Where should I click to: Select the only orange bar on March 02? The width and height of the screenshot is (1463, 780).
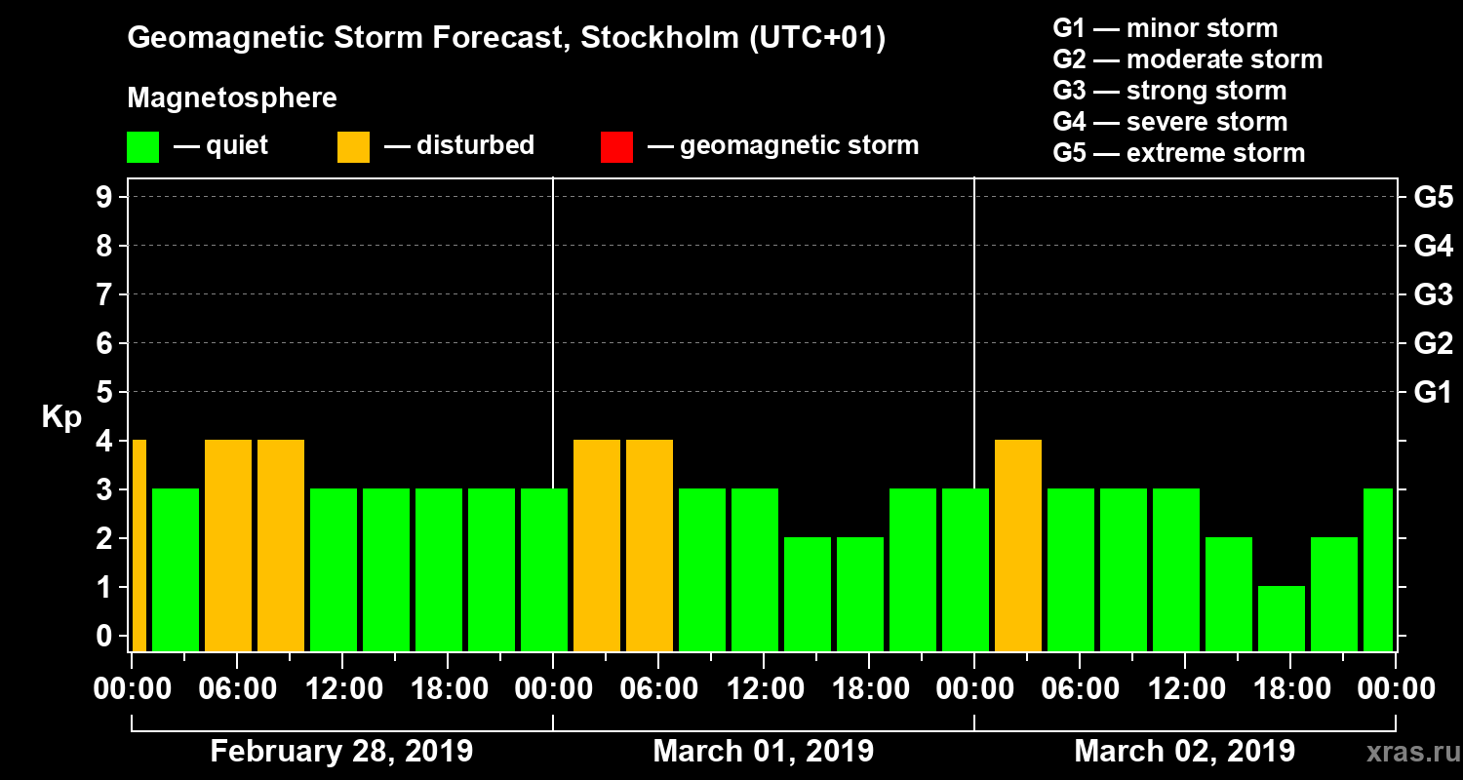[1018, 545]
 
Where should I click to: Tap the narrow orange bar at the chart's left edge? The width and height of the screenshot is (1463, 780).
[138, 545]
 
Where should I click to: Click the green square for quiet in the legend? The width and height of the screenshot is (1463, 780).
[142, 147]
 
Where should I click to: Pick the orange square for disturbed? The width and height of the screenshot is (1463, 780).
[353, 147]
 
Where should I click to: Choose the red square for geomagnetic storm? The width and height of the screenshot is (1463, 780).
[616, 147]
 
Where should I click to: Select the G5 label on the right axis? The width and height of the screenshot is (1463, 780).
[1433, 198]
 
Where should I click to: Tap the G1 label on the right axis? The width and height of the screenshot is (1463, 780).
[1433, 393]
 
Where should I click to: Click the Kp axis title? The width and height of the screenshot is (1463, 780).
[61, 417]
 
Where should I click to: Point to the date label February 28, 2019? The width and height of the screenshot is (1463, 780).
[341, 752]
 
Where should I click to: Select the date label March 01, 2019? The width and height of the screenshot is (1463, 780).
[763, 752]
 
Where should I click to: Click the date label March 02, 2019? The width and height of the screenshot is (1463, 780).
[1184, 752]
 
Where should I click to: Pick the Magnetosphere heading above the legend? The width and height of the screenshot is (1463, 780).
[232, 98]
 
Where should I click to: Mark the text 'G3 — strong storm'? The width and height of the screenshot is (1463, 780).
[1169, 91]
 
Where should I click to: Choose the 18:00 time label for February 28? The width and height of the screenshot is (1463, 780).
[447, 689]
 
